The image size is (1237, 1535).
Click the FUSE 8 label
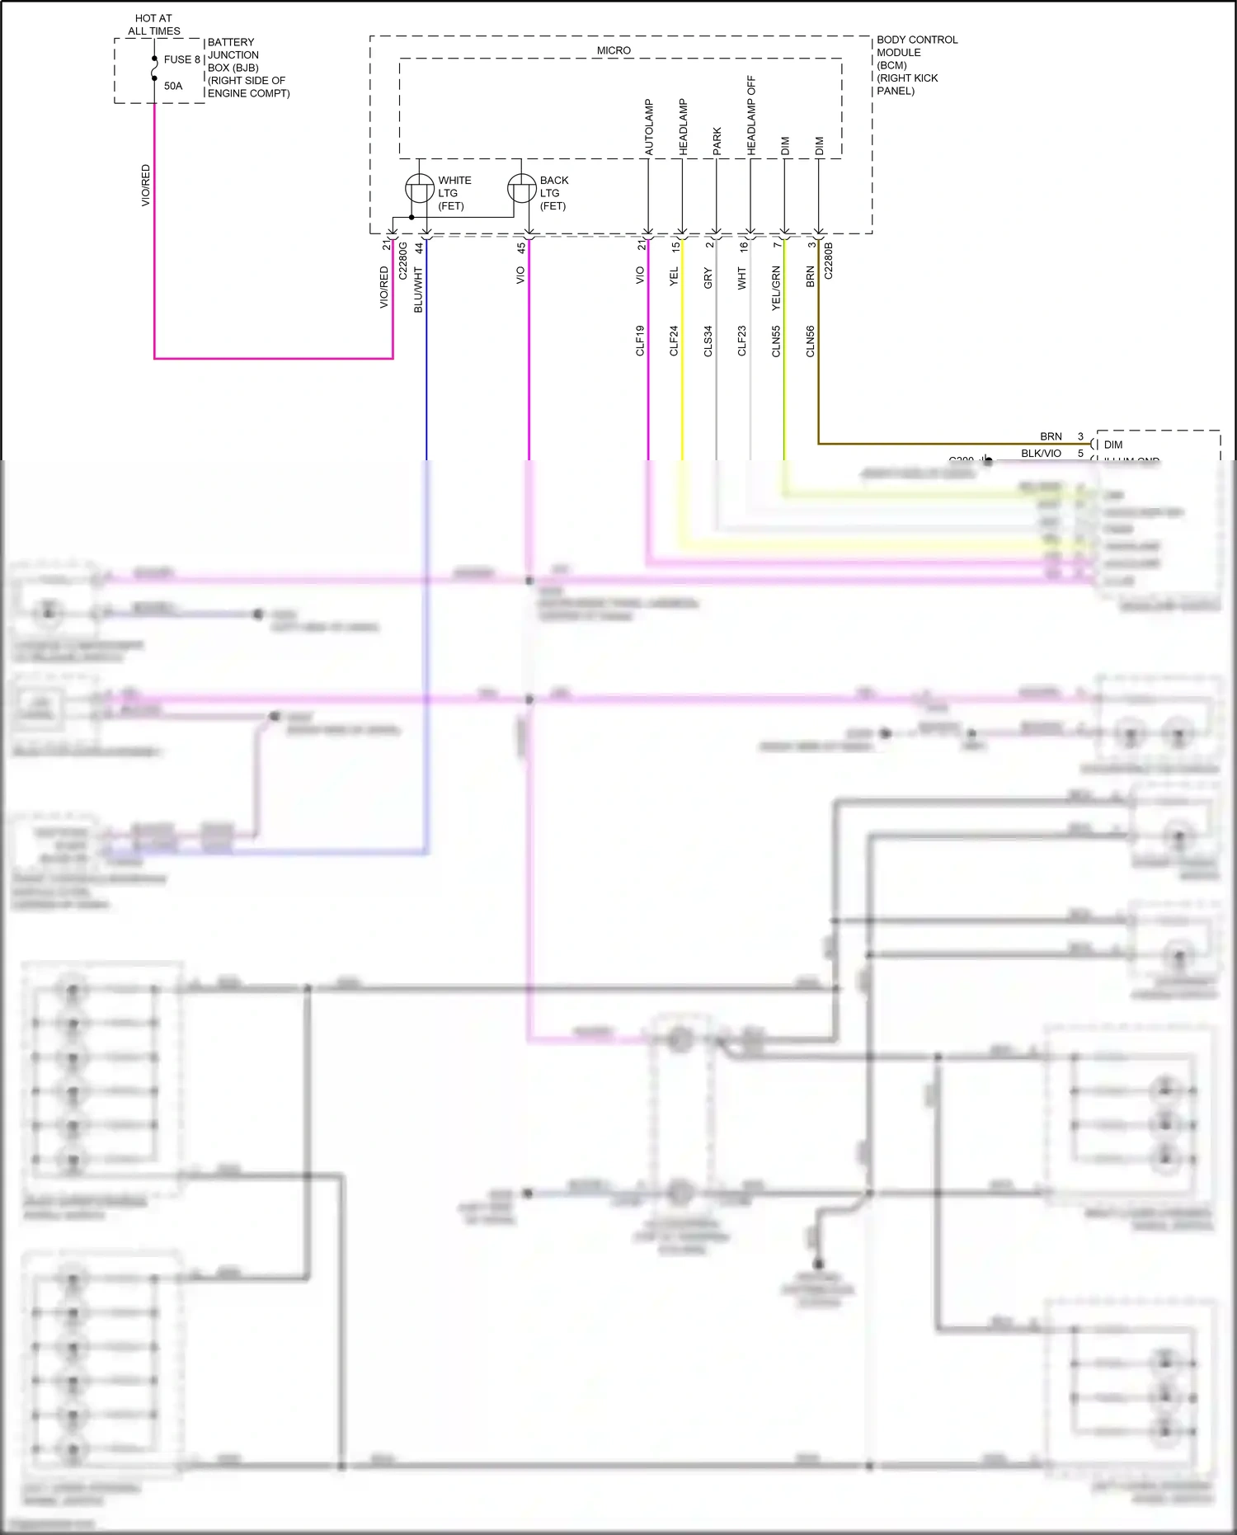(181, 59)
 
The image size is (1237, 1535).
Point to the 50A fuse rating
(173, 86)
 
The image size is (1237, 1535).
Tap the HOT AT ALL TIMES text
(153, 25)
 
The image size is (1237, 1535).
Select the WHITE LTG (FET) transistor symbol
(420, 189)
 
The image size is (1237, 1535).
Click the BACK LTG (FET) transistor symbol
(521, 189)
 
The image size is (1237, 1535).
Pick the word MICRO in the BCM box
(614, 50)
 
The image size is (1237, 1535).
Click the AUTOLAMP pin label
(648, 127)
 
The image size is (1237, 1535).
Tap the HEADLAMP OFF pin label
(750, 115)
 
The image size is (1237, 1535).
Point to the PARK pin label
(717, 141)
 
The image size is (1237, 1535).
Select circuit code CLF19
(640, 341)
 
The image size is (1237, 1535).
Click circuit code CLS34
(708, 341)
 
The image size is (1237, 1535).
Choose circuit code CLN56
(810, 341)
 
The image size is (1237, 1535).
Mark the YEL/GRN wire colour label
(775, 288)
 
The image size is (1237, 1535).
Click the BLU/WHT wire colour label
(418, 290)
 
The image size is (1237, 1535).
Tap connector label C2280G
(403, 260)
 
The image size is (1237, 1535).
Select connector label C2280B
(828, 260)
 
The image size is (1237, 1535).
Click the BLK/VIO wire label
(1041, 453)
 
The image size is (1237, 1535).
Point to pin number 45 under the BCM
(521, 247)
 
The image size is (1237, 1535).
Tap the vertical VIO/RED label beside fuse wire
(146, 185)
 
